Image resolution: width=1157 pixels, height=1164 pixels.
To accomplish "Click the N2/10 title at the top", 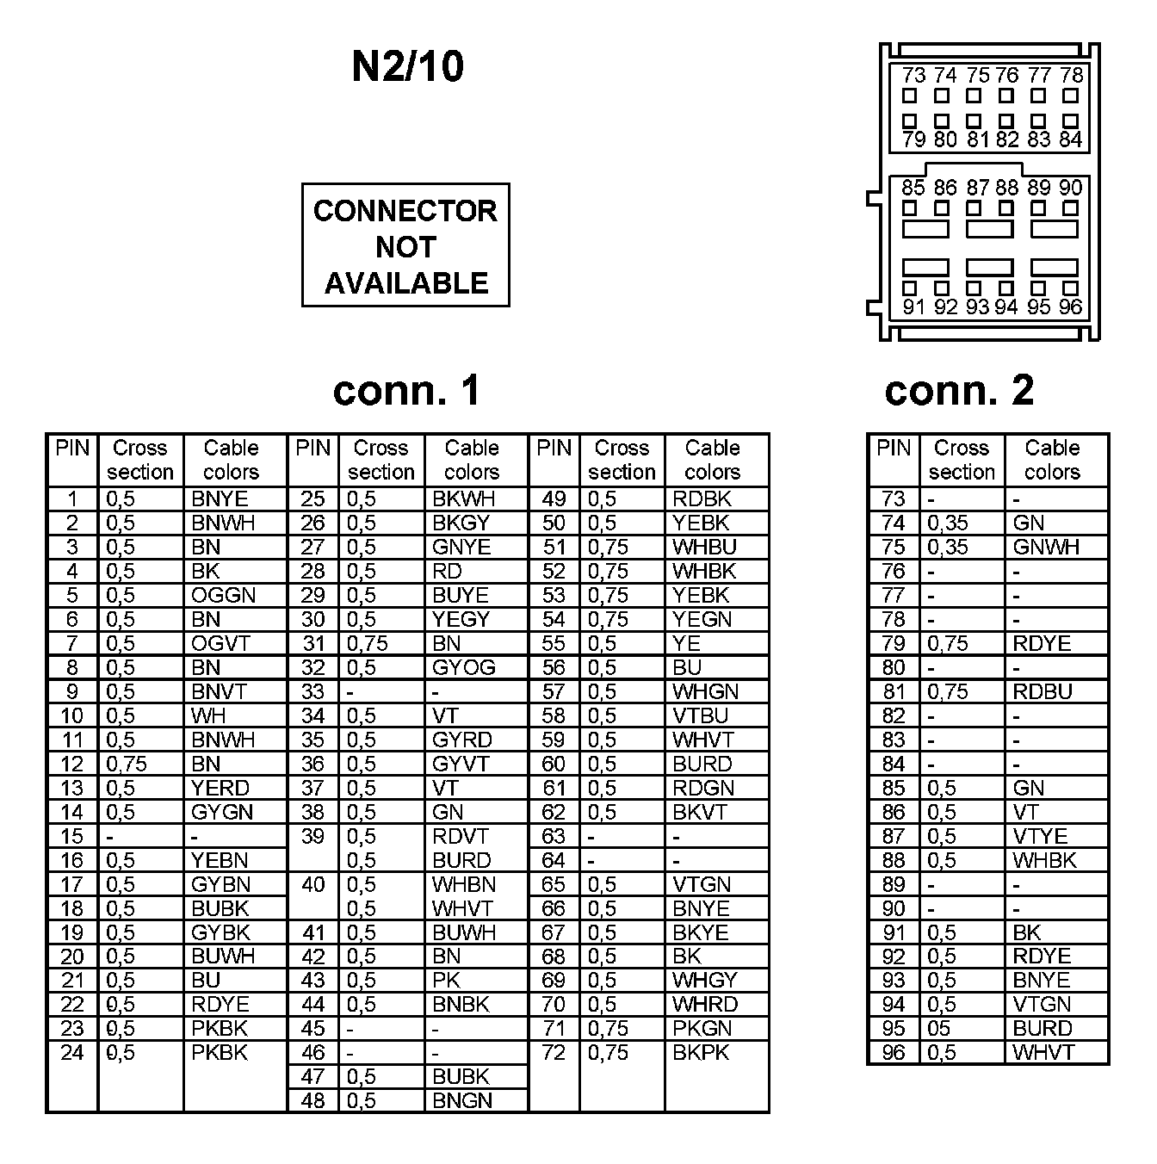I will (407, 66).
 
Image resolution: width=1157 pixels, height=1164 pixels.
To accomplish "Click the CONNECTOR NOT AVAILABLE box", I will (405, 245).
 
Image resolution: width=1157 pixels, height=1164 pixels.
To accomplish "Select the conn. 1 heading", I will (406, 390).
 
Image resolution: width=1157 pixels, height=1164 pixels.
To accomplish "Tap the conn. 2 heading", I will (959, 390).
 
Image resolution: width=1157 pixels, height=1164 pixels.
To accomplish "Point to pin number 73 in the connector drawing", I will (913, 76).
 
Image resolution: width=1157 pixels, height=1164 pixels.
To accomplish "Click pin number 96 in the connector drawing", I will (1070, 307).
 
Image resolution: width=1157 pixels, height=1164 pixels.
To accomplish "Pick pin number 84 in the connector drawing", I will (1070, 139).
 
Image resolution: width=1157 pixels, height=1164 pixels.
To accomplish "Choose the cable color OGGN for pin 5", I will (223, 595).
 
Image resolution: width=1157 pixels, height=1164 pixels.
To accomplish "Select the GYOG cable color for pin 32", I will (463, 667).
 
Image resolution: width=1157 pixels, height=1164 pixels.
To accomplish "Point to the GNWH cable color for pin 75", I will (1045, 547).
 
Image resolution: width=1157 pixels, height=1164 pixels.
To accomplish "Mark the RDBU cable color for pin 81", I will (1043, 691).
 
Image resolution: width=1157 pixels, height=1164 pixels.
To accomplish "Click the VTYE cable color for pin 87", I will (1040, 836).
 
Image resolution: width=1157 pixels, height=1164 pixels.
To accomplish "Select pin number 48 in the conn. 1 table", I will (312, 1100).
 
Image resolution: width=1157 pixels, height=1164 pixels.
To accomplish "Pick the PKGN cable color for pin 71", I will (702, 1028).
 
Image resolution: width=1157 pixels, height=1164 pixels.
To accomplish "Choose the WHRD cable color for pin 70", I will (704, 1004).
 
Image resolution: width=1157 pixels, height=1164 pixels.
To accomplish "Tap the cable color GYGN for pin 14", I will (222, 812).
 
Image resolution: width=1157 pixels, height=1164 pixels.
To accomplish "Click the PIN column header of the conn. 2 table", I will (894, 448).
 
